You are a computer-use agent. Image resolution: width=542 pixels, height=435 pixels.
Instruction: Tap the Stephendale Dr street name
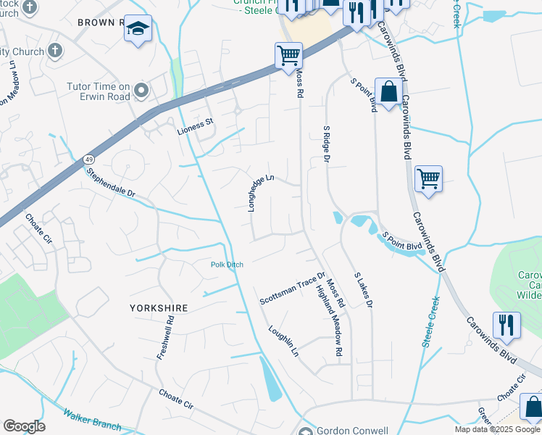[x=111, y=184]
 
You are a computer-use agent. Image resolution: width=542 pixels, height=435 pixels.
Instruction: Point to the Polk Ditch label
[x=227, y=265]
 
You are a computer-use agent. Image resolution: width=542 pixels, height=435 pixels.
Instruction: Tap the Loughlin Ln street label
[x=283, y=341]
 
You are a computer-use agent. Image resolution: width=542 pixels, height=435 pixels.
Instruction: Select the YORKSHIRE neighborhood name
[x=158, y=308]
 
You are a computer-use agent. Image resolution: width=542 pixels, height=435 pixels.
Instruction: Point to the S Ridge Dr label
[x=327, y=143]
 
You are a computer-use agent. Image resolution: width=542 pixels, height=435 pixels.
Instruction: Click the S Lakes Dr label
[x=363, y=291]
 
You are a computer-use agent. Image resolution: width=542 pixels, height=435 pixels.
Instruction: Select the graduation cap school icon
[x=137, y=29]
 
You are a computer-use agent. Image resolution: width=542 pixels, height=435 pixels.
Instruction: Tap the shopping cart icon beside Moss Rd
[x=288, y=55]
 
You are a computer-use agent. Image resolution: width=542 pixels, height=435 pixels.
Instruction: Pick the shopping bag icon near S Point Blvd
[x=388, y=91]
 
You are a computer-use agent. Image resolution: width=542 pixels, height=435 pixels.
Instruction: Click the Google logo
[x=24, y=426]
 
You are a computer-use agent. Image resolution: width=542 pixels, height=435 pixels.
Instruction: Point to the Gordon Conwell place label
[x=353, y=431]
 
